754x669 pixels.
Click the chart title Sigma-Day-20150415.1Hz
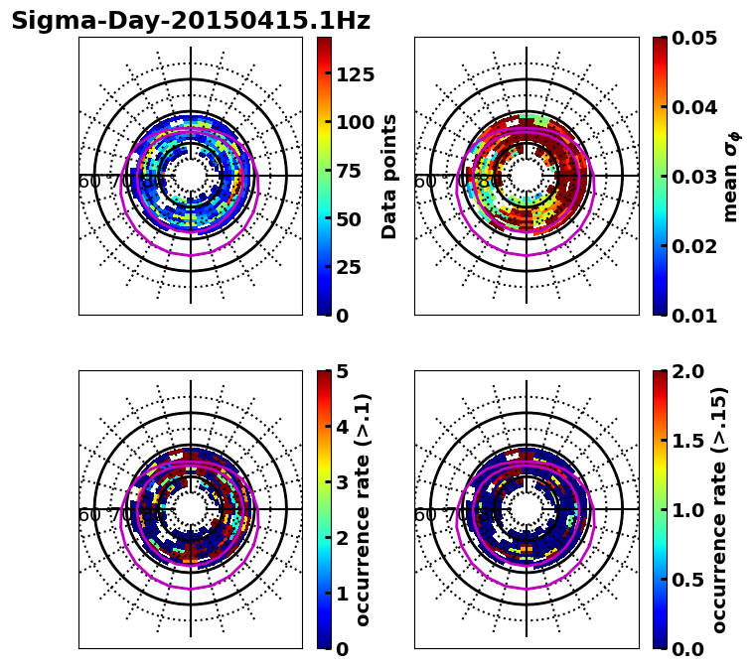tap(191, 21)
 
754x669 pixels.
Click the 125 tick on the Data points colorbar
tap(354, 74)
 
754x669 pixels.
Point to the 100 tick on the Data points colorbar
tap(354, 123)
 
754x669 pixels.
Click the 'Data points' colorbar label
tap(389, 176)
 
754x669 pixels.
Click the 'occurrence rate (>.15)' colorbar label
tap(720, 509)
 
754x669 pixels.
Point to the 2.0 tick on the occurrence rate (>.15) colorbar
tap(685, 371)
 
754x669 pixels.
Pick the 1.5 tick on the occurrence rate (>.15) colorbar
tap(685, 441)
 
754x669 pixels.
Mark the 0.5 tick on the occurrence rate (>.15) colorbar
tap(685, 580)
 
